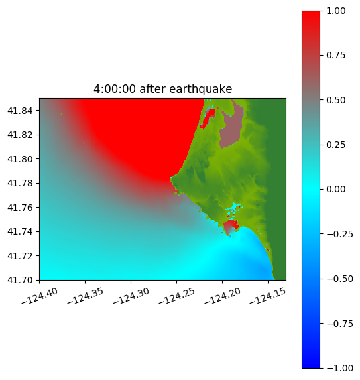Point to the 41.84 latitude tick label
pyautogui.click(x=20, y=111)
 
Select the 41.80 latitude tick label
pyautogui.click(x=20, y=159)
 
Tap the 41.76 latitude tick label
pyautogui.click(x=20, y=208)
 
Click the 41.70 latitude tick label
pyautogui.click(x=20, y=280)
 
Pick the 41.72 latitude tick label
pyautogui.click(x=20, y=256)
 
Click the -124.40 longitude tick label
pyautogui.click(x=40, y=296)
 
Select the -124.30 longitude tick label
pyautogui.click(x=131, y=296)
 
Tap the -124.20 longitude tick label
pyautogui.click(x=222, y=296)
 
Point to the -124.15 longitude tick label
pyautogui.click(x=268, y=296)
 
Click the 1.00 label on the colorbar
pyautogui.click(x=335, y=11)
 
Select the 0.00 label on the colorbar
pyautogui.click(x=335, y=189)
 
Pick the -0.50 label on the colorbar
pyautogui.click(x=339, y=279)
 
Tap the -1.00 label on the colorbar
pyautogui.click(x=339, y=368)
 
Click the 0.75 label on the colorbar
pyautogui.click(x=335, y=56)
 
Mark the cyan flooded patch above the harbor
pyautogui.click(x=233, y=209)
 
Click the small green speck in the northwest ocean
pyautogui.click(x=62, y=113)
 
